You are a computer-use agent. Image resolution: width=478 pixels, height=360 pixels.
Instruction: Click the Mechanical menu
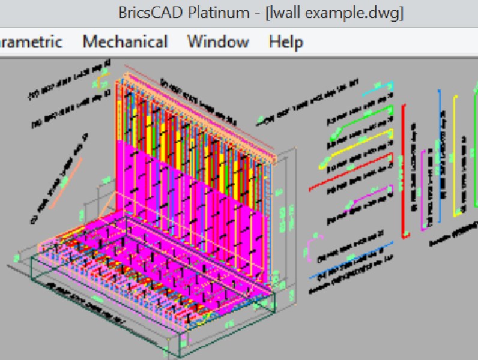(125, 42)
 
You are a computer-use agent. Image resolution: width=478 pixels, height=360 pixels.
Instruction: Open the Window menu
(218, 42)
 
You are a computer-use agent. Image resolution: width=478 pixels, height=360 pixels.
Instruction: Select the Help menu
(286, 42)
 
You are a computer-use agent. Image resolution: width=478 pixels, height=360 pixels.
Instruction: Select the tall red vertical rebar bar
(404, 168)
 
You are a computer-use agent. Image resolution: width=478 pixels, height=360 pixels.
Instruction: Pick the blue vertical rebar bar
(440, 156)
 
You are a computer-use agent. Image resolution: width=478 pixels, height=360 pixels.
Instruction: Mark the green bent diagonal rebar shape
(360, 120)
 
